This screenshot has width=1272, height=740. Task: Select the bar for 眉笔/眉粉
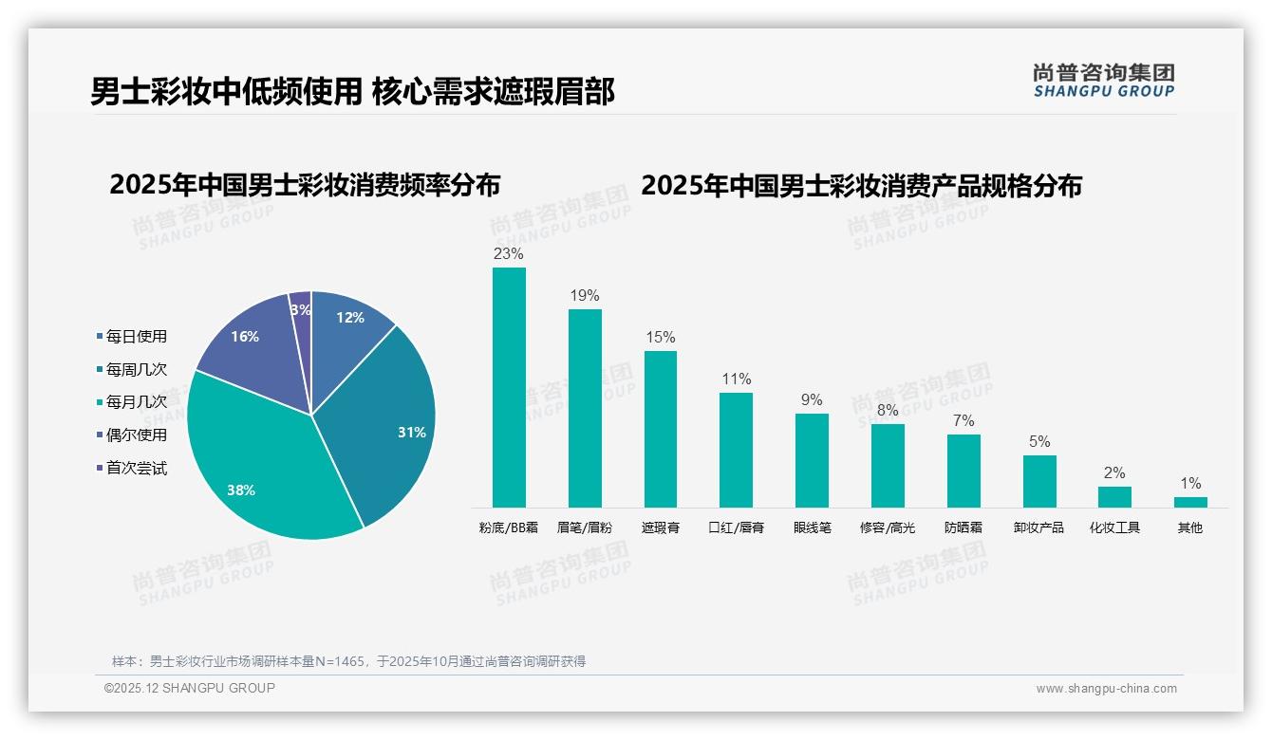(x=585, y=408)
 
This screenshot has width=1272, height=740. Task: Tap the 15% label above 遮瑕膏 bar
(x=661, y=338)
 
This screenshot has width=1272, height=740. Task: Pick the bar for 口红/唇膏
(x=736, y=450)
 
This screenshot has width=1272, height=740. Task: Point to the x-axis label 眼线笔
(x=812, y=527)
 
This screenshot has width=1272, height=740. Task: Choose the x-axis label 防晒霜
(x=963, y=527)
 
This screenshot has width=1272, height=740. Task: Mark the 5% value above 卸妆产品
(x=1039, y=442)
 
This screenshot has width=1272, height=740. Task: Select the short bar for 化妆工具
(x=1114, y=497)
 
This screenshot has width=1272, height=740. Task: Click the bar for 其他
(x=1190, y=502)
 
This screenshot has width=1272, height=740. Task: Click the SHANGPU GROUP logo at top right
(x=1103, y=81)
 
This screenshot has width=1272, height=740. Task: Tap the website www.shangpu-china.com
(x=1106, y=689)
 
